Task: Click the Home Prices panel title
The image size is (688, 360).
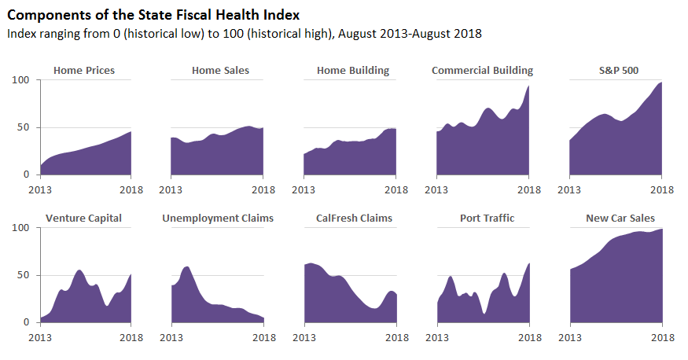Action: pyautogui.click(x=84, y=71)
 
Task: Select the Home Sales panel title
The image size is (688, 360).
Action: pyautogui.click(x=220, y=71)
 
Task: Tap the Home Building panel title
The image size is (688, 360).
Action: pyautogui.click(x=353, y=71)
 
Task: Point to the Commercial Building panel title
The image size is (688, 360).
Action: pyautogui.click(x=482, y=71)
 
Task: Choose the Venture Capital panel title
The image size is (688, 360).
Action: pyautogui.click(x=84, y=218)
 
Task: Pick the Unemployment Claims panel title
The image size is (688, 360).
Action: pyautogui.click(x=218, y=218)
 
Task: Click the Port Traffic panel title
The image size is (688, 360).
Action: pyautogui.click(x=487, y=218)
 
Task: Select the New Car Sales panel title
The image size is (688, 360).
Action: pyautogui.click(x=620, y=218)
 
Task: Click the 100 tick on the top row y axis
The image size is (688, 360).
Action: pyautogui.click(x=20, y=80)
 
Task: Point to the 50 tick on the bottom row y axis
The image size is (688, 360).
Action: pyautogui.click(x=24, y=275)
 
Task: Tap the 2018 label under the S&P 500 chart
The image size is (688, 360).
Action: pyautogui.click(x=662, y=189)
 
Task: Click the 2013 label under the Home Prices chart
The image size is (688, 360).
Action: pyautogui.click(x=41, y=189)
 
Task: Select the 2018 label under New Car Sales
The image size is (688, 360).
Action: pyautogui.click(x=662, y=336)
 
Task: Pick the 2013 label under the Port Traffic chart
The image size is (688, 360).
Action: pyautogui.click(x=437, y=336)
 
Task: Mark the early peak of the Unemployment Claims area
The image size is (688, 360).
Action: pyautogui.click(x=186, y=268)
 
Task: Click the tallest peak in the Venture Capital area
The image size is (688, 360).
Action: pyautogui.click(x=79, y=271)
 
